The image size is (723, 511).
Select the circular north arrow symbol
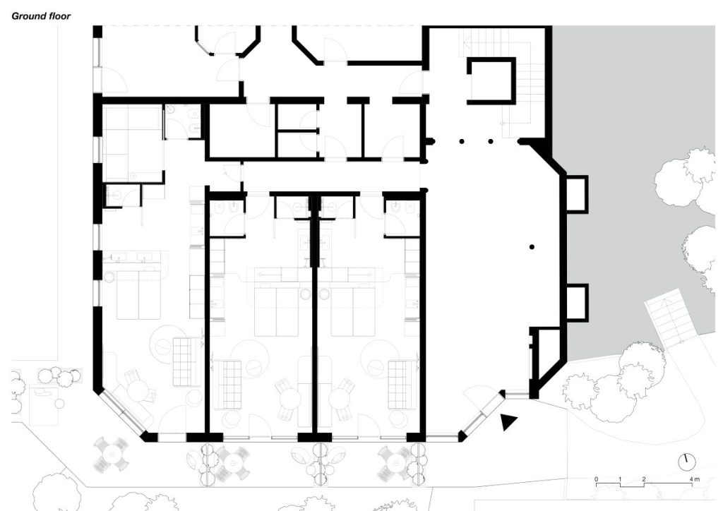pyautogui.click(x=687, y=461)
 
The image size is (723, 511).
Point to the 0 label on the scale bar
pyautogui.click(x=596, y=479)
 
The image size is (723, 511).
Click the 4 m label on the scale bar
pyautogui.click(x=695, y=479)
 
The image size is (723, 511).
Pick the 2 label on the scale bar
pyautogui.click(x=644, y=479)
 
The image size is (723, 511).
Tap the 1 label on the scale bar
pyautogui.click(x=620, y=479)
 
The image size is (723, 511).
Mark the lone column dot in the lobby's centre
pyautogui.click(x=532, y=248)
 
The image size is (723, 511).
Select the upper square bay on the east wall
pyautogui.click(x=575, y=194)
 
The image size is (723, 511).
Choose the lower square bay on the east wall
pyautogui.click(x=575, y=302)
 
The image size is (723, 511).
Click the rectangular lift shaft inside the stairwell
pyautogui.click(x=491, y=81)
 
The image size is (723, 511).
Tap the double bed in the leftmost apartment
pyautogui.click(x=138, y=295)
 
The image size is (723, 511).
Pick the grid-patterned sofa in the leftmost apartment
pyautogui.click(x=185, y=361)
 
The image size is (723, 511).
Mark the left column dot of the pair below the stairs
pyautogui.click(x=462, y=141)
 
